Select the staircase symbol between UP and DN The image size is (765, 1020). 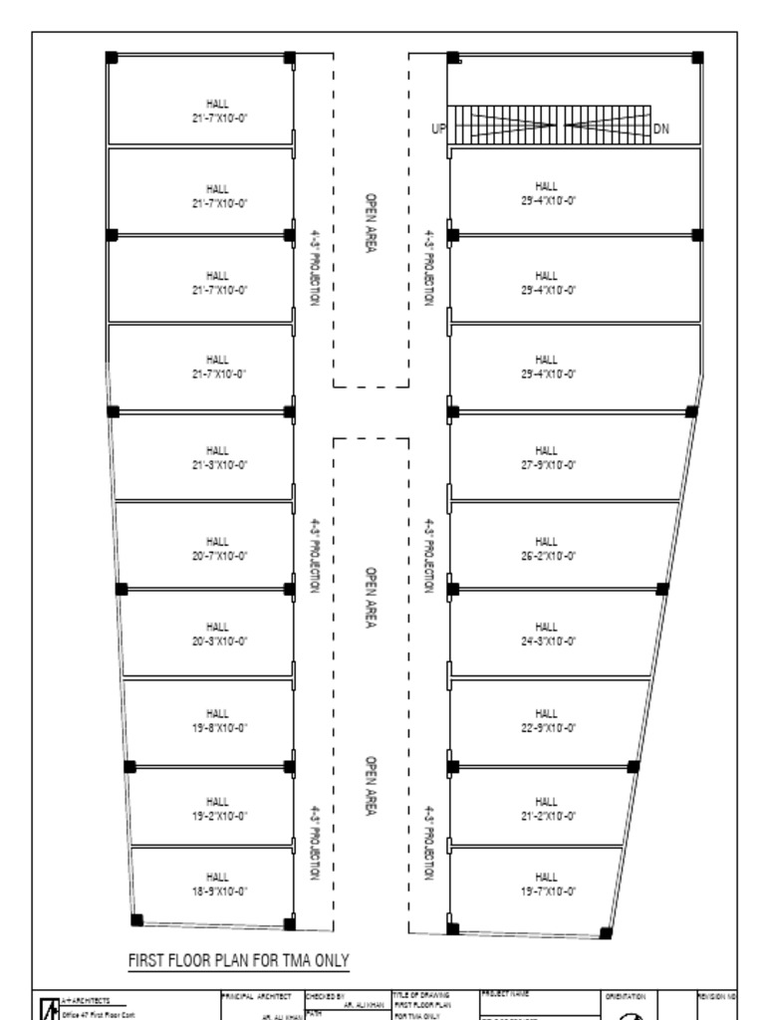(x=550, y=127)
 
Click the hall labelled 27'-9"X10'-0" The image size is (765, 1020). (x=546, y=457)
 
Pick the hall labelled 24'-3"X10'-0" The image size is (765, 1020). (x=546, y=634)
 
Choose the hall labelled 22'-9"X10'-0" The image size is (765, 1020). (x=546, y=720)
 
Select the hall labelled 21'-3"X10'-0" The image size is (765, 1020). (x=217, y=457)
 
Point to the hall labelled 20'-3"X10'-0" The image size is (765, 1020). (x=217, y=634)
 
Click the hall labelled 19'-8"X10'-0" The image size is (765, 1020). (x=217, y=720)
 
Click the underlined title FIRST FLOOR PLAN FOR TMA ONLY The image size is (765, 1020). (x=239, y=960)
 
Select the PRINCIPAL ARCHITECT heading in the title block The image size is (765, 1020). (x=255, y=995)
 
